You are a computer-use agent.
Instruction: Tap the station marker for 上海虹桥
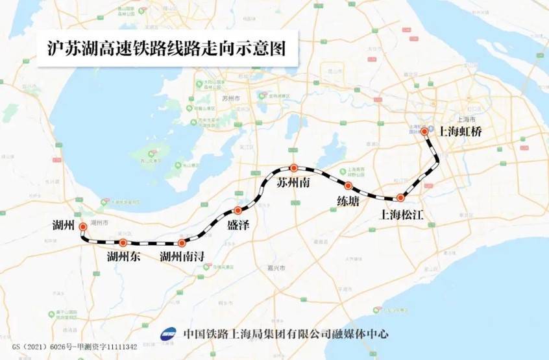click(x=424, y=131)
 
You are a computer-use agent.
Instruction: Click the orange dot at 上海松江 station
click(x=401, y=197)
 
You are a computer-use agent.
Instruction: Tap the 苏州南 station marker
click(x=293, y=167)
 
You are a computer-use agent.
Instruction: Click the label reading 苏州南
click(x=293, y=182)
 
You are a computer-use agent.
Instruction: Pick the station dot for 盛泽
click(x=238, y=210)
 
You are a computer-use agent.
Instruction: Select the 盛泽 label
click(x=238, y=225)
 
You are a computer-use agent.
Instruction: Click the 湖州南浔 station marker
click(x=181, y=243)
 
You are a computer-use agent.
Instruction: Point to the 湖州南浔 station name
click(x=182, y=258)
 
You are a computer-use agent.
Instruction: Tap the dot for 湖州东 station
click(x=123, y=243)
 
